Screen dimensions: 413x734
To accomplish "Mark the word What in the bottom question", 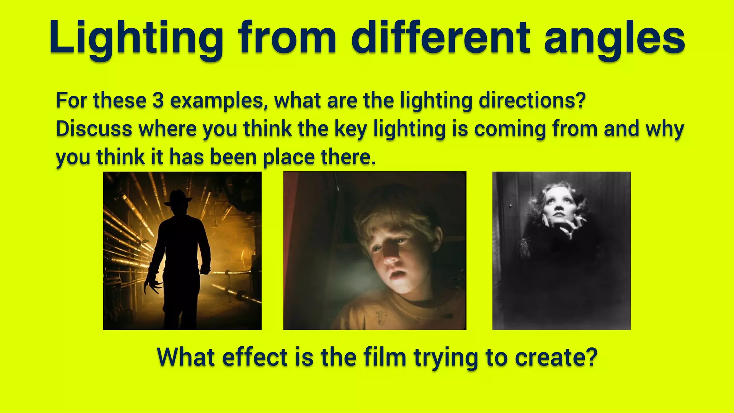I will (186, 357).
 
